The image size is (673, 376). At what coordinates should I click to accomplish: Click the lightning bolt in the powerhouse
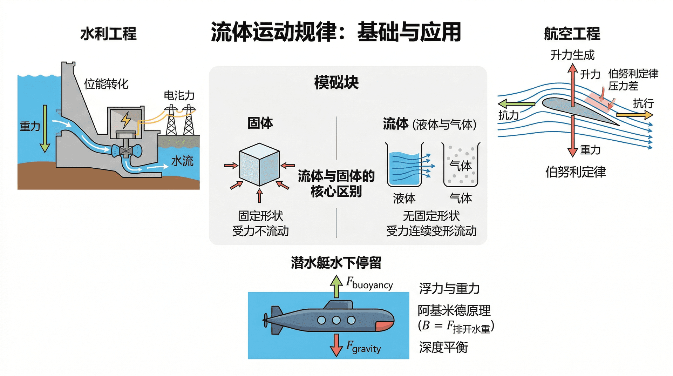click(x=126, y=120)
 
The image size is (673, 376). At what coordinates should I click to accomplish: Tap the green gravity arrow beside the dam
click(x=45, y=128)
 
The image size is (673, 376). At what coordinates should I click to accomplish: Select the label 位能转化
click(x=106, y=84)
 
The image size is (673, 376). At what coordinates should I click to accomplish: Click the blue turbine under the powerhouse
click(x=126, y=151)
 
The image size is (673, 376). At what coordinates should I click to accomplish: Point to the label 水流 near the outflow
click(x=182, y=161)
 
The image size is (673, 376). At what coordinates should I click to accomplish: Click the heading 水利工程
click(x=108, y=34)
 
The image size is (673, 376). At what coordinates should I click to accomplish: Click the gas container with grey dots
click(x=461, y=165)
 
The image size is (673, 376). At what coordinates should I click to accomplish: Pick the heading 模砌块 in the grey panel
click(x=336, y=83)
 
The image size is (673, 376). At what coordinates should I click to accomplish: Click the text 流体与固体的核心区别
click(x=336, y=183)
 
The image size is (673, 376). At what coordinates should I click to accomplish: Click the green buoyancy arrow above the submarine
click(x=336, y=286)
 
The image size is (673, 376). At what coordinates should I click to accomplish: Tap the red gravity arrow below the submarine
click(x=336, y=345)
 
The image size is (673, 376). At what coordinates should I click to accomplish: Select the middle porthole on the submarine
click(x=336, y=320)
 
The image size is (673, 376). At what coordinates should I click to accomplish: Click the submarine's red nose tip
click(x=384, y=326)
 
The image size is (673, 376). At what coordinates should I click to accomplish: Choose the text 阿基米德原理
click(x=454, y=310)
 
